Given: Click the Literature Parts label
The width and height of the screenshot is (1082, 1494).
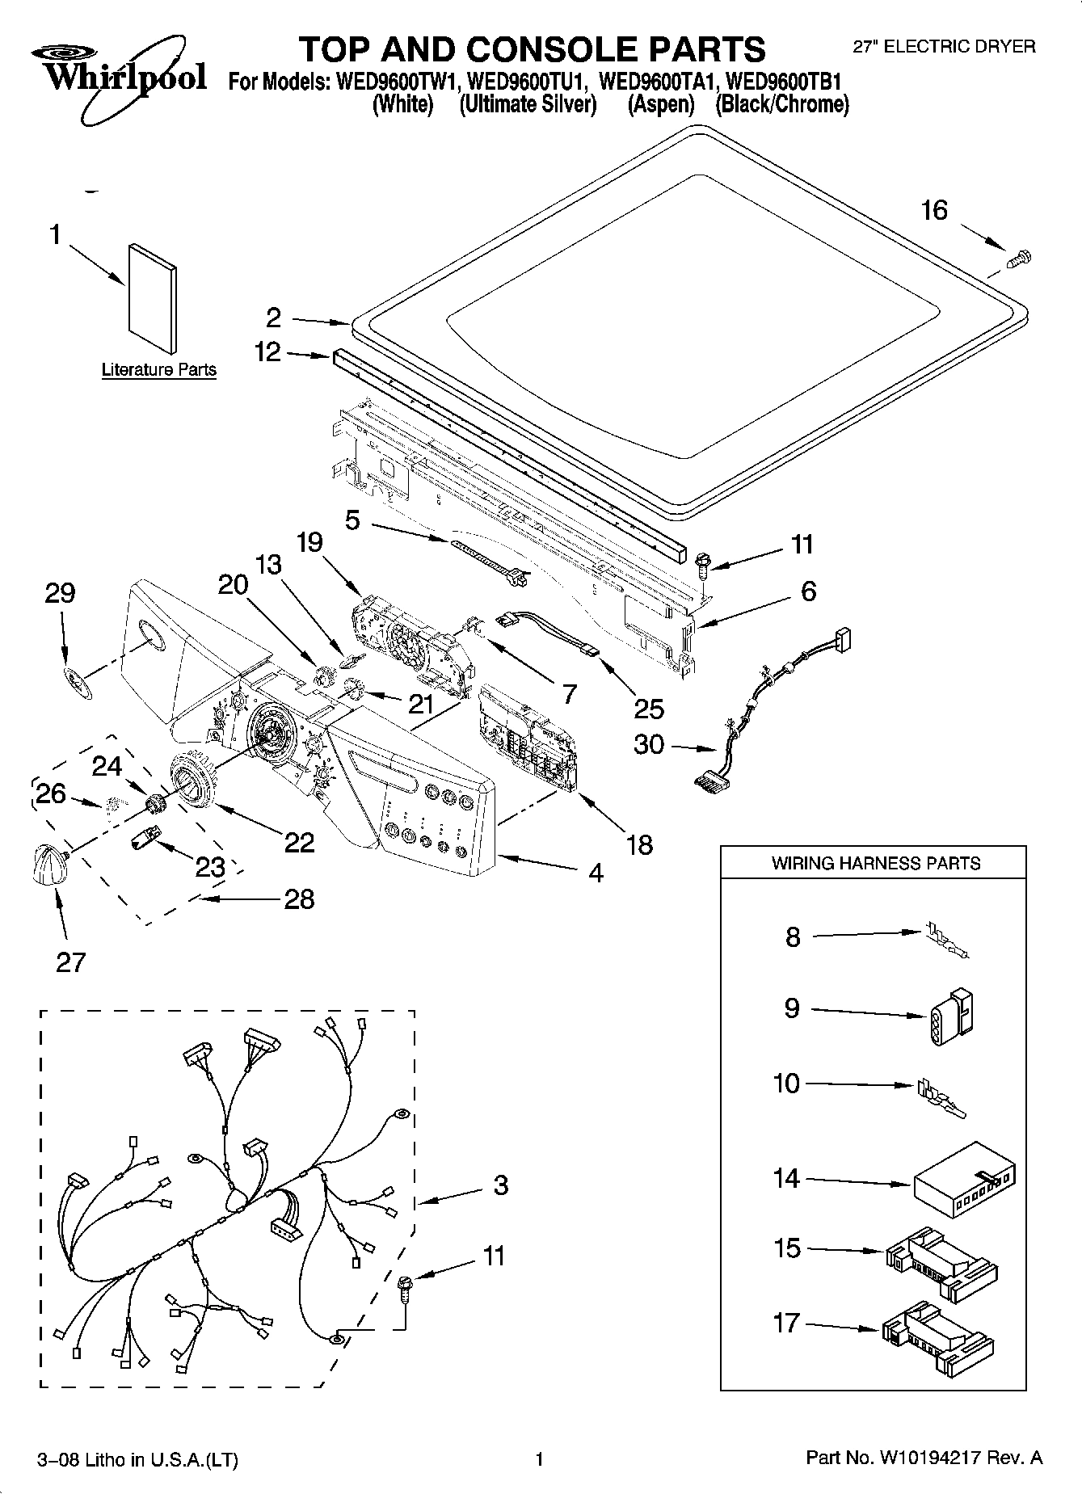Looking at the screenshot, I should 159,370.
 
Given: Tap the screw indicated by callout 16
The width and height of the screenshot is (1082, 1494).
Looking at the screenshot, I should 1021,259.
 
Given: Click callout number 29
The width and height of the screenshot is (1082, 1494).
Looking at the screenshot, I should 60,593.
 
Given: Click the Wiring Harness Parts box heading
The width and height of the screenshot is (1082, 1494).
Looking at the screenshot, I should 875,863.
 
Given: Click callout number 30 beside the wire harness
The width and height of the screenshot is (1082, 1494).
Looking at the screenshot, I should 649,744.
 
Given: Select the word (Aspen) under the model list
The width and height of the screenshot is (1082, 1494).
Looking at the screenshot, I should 661,105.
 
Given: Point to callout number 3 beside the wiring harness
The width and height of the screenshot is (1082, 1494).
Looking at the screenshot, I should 501,1185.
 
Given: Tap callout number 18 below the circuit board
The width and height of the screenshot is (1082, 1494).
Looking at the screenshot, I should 639,845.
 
